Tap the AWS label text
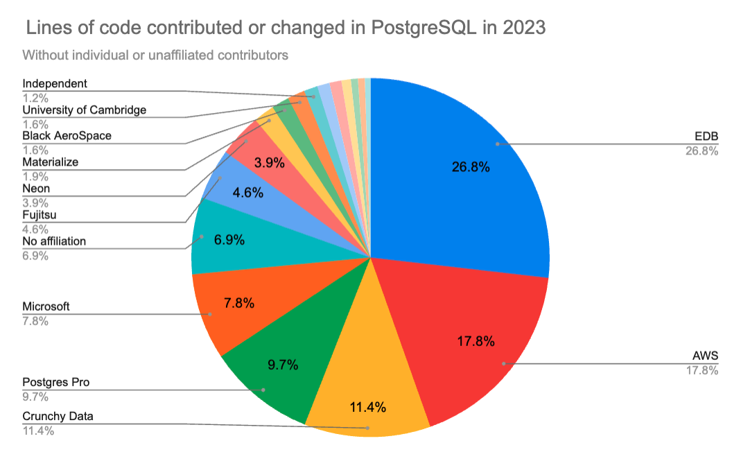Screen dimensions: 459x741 pyautogui.click(x=706, y=356)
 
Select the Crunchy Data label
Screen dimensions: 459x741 pyautogui.click(x=58, y=417)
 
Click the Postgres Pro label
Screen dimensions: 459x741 pyautogui.click(x=56, y=382)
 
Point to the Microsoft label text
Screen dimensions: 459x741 pyautogui.click(x=46, y=306)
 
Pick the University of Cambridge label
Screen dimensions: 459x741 pyautogui.click(x=85, y=110)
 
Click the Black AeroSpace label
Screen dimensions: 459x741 pyautogui.click(x=67, y=136)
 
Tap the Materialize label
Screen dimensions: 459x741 pyautogui.click(x=51, y=162)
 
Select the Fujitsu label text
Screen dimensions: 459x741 pyautogui.click(x=39, y=215)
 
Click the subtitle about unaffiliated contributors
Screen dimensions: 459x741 pyautogui.click(x=155, y=55)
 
